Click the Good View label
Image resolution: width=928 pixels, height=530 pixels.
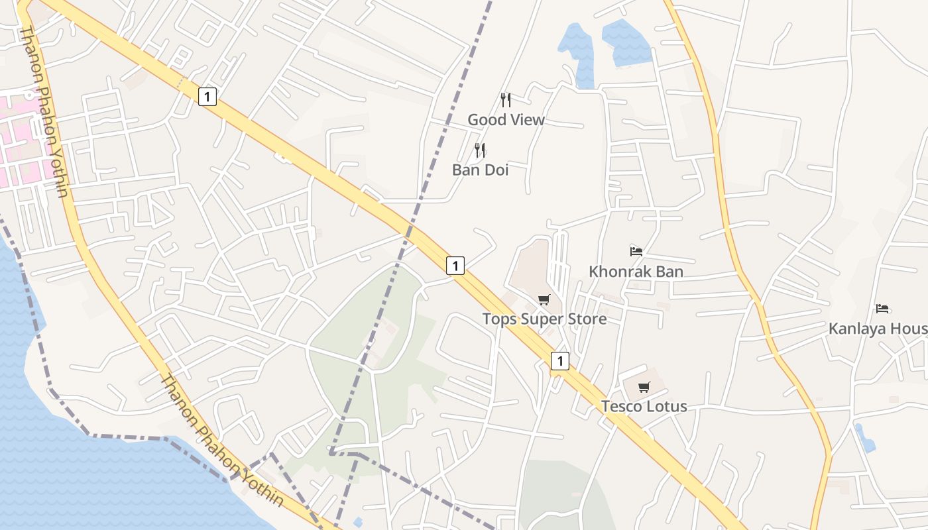click(x=506, y=120)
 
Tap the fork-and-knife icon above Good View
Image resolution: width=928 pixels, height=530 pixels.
click(x=506, y=100)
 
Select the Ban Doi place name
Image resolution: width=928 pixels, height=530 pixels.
click(x=480, y=170)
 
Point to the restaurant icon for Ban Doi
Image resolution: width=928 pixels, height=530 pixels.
click(x=480, y=150)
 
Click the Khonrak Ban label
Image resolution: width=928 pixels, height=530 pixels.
click(x=636, y=271)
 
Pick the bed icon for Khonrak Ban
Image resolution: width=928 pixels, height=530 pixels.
click(x=636, y=252)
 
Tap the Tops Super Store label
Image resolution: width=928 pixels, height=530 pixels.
click(x=544, y=319)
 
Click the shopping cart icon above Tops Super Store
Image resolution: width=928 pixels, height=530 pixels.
click(x=544, y=300)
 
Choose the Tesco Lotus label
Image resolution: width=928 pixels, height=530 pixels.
click(x=644, y=406)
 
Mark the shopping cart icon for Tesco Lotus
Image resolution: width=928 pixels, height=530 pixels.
click(x=644, y=388)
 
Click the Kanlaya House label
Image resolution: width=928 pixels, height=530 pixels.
click(x=878, y=328)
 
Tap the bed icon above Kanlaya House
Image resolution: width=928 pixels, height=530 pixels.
click(x=882, y=309)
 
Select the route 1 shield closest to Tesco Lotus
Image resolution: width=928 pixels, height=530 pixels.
click(x=560, y=361)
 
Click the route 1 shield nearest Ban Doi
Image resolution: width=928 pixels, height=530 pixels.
click(x=455, y=266)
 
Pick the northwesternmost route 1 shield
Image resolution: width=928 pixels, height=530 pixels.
click(x=207, y=97)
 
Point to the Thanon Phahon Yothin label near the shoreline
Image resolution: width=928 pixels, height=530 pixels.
click(x=222, y=441)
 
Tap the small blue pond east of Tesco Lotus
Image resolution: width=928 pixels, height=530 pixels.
click(x=864, y=438)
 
